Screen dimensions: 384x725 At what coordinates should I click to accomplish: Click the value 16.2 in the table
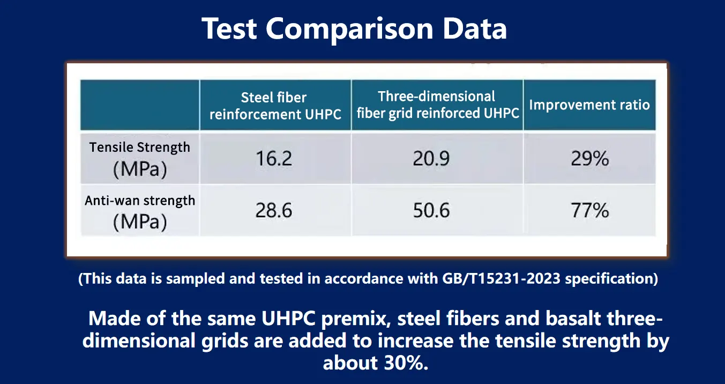tap(274, 159)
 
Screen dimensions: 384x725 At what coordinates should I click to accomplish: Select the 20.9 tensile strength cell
tap(431, 159)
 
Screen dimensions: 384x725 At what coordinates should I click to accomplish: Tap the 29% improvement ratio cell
tap(589, 159)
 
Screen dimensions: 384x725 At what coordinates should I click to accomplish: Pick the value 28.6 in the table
tap(274, 211)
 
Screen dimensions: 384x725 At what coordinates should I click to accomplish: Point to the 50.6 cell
tap(431, 211)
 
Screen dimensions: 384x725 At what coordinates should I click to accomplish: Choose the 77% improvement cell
tap(589, 211)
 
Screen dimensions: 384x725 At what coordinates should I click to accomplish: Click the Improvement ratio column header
tap(589, 105)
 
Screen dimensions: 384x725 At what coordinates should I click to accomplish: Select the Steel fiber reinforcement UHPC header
tap(275, 106)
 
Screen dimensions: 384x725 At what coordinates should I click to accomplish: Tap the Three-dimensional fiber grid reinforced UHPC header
tap(437, 105)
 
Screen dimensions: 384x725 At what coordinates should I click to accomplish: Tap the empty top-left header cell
tap(140, 105)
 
